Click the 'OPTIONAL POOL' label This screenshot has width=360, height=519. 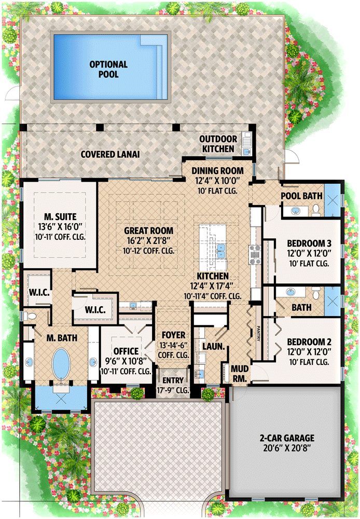click(108, 70)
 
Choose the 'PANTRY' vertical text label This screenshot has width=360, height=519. click(257, 333)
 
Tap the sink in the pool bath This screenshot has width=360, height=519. click(295, 211)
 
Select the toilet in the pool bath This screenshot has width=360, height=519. click(316, 210)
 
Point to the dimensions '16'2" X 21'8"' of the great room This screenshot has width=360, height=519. click(148, 240)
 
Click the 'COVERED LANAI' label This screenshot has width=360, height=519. click(110, 154)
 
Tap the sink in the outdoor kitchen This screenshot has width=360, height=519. click(247, 152)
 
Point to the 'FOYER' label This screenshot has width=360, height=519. click(174, 335)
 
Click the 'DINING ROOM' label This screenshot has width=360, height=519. click(217, 170)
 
